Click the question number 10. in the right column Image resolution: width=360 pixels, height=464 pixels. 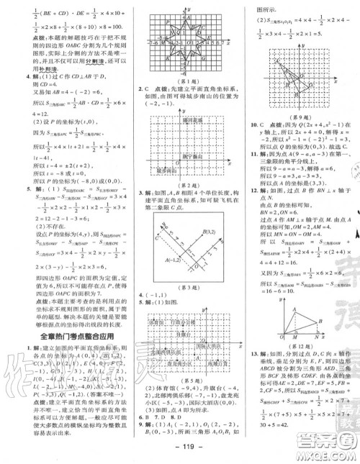(250, 124)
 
